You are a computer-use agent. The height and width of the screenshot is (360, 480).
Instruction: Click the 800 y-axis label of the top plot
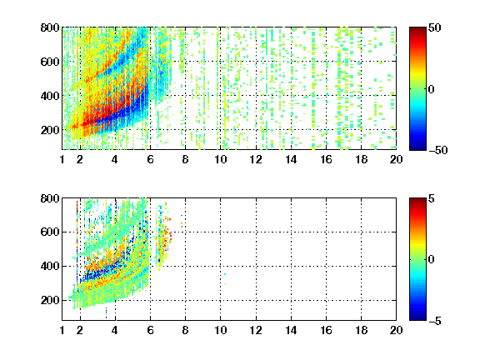[x=50, y=27]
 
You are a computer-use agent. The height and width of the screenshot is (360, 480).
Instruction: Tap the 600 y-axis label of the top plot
[x=50, y=62]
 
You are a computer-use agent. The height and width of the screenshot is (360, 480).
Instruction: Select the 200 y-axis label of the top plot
[x=50, y=130]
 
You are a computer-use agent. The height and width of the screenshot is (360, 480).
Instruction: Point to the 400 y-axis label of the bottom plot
[x=50, y=266]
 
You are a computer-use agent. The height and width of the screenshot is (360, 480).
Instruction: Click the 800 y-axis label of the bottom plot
[x=50, y=198]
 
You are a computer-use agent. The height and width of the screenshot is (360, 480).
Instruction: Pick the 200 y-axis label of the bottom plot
[x=50, y=300]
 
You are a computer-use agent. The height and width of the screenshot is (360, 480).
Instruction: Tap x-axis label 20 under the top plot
[x=396, y=159]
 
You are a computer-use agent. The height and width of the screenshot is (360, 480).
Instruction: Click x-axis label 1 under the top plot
[x=62, y=159]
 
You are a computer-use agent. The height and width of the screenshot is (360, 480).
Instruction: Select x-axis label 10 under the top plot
[x=220, y=159]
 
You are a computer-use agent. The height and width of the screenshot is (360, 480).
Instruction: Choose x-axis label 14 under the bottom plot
[x=291, y=330]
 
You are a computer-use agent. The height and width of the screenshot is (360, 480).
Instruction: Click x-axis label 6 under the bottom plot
[x=150, y=330]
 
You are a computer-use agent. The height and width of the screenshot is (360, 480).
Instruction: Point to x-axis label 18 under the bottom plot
[x=361, y=330]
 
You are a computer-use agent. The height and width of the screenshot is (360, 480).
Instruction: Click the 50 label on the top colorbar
[x=434, y=27]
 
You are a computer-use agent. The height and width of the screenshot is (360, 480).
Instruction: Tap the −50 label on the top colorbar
[x=438, y=150]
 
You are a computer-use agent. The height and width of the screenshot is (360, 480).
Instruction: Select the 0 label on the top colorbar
[x=431, y=89]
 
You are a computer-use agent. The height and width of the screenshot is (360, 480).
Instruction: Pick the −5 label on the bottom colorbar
[x=435, y=321]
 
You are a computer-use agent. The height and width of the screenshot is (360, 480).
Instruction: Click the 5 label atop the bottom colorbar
[x=431, y=198]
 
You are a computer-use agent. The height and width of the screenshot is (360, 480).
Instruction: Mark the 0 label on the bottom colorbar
[x=431, y=260]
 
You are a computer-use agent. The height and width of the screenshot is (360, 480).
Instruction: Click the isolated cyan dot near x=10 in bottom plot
[x=225, y=274]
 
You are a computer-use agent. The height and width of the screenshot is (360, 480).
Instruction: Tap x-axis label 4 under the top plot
[x=114, y=159]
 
